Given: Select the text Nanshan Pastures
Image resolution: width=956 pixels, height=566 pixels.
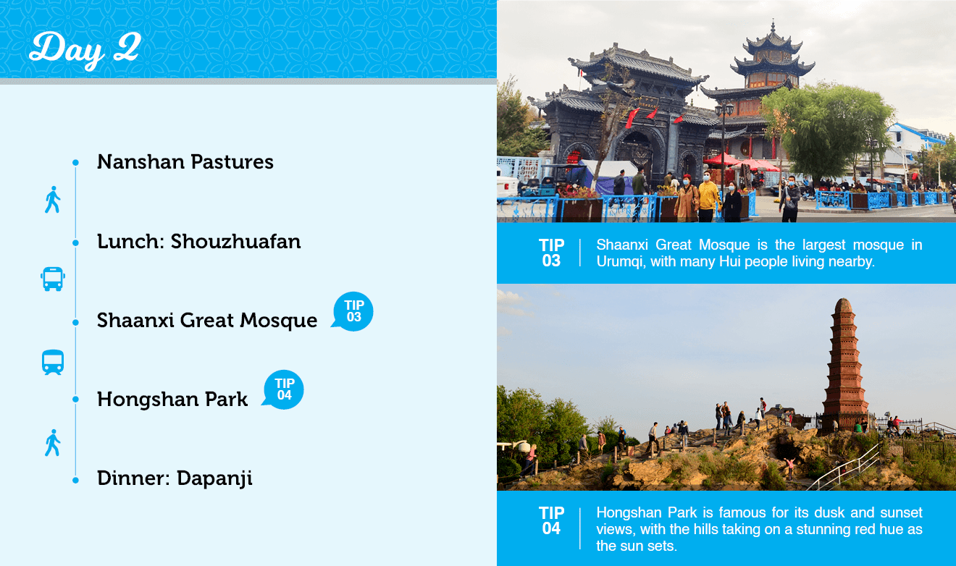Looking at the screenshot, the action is click(185, 162).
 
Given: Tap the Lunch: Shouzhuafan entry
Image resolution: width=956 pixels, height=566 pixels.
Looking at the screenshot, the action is click(199, 242).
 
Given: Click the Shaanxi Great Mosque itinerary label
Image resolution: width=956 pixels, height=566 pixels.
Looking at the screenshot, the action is click(207, 321).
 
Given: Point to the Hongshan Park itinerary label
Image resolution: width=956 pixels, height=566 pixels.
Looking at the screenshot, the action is click(172, 400).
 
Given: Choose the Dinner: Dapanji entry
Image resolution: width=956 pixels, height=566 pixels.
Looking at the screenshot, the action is click(175, 478).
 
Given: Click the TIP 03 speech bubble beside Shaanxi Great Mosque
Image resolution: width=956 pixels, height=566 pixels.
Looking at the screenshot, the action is click(353, 311).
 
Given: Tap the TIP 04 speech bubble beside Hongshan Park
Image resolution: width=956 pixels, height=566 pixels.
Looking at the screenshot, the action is click(283, 389).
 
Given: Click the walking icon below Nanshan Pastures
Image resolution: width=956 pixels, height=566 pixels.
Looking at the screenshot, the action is click(52, 200).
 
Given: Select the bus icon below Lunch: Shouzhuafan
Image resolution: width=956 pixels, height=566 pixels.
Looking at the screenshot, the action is click(53, 279).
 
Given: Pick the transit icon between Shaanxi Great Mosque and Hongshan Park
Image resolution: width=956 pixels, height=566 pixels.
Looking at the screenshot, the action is click(53, 363).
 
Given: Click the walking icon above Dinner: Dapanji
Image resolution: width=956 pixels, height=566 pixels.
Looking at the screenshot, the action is click(52, 443).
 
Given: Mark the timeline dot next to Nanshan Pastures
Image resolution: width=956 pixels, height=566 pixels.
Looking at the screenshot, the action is click(75, 163).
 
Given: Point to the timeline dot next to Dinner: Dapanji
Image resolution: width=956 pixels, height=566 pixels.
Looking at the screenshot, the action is click(75, 481).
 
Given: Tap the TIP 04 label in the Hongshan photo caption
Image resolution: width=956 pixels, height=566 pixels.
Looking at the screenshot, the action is click(551, 521).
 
